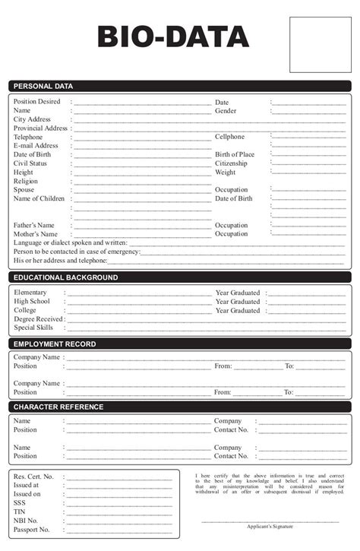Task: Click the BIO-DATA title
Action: point(173,37)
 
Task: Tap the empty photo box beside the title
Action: point(321,36)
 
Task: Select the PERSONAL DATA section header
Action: point(43,86)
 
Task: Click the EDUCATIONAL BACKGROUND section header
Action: point(65,277)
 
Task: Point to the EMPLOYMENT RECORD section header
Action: point(55,344)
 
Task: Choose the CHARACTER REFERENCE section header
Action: point(58,407)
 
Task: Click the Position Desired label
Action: point(36,101)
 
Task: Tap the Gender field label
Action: point(226,110)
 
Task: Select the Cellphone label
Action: point(229,137)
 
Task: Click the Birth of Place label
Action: point(235,154)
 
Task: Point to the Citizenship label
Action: point(231,163)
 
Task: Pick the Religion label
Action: point(25,182)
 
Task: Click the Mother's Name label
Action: point(34,234)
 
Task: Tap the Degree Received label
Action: point(38,319)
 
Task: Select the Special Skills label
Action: point(33,328)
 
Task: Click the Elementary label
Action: point(30,293)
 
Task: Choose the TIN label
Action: point(20,511)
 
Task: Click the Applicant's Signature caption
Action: point(270,526)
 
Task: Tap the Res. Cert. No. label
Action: point(33,476)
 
